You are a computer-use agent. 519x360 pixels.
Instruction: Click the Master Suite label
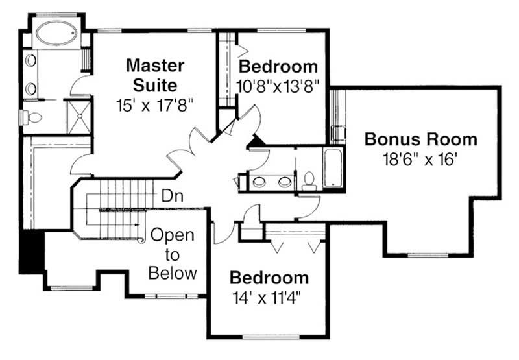(x=155, y=75)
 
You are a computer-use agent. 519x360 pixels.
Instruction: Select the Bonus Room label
(x=420, y=139)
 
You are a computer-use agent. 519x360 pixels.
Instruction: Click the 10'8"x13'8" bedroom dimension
(x=279, y=86)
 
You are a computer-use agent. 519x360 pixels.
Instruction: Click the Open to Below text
(x=173, y=254)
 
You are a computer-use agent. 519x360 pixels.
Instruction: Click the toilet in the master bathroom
(x=32, y=117)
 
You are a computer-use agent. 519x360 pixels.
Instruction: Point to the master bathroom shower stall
(x=80, y=115)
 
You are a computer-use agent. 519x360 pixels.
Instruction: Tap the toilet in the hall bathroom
(x=309, y=179)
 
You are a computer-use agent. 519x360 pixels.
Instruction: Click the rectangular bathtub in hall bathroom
(x=333, y=167)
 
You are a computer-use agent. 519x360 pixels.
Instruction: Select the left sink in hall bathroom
(x=259, y=182)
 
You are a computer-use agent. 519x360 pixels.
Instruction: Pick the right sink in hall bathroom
(x=284, y=182)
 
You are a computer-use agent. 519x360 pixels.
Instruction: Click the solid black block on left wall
(x=30, y=250)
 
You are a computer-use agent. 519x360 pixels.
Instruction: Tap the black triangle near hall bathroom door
(x=257, y=139)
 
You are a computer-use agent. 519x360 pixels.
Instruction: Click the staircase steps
(x=120, y=195)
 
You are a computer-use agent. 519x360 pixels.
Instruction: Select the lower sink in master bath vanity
(x=31, y=88)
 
